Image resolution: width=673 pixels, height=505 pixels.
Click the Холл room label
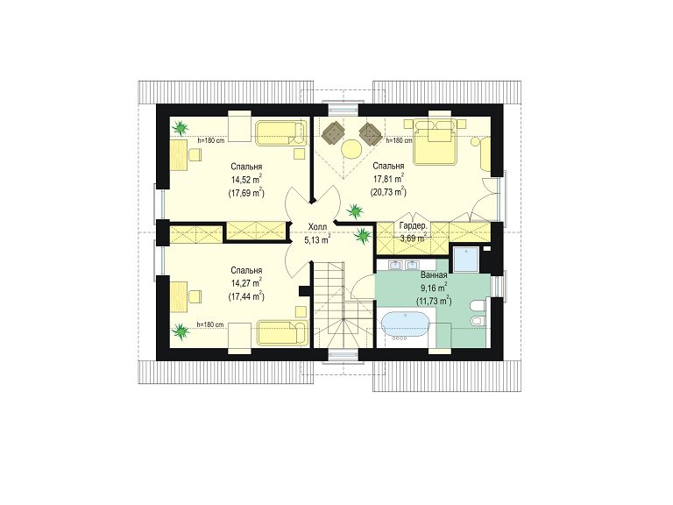click(317, 226)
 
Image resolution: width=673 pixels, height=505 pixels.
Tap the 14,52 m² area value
click(247, 180)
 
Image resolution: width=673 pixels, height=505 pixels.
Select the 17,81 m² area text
click(388, 179)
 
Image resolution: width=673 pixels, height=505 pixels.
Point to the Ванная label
click(434, 275)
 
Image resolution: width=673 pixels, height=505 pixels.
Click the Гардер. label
click(413, 226)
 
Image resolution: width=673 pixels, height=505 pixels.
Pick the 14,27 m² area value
click(247, 283)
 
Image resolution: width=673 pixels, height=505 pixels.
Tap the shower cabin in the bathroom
click(465, 259)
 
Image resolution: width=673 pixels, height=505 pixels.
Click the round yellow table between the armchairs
click(352, 149)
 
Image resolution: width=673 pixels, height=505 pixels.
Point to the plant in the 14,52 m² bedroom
click(181, 127)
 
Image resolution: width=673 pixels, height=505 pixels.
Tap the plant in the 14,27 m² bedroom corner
click(180, 331)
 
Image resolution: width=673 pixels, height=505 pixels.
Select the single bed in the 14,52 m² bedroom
click(281, 133)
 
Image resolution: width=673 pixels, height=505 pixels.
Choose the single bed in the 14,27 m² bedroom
click(283, 332)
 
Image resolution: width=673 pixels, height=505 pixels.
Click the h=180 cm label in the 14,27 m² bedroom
click(209, 324)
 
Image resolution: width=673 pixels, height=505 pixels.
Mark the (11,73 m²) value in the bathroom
click(434, 301)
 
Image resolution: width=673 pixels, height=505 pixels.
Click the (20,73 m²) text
click(388, 192)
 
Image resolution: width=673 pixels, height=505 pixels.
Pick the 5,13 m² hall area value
click(317, 239)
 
